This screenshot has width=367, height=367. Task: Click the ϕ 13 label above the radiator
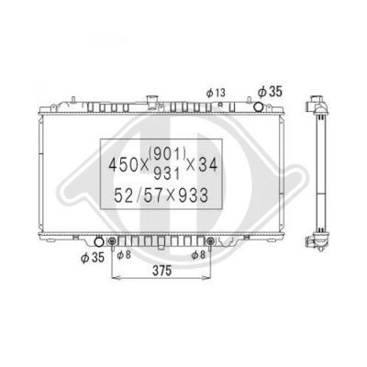[x=216, y=93]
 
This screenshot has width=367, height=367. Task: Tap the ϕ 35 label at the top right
[x=270, y=92]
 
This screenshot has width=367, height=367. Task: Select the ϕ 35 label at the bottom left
[x=93, y=258]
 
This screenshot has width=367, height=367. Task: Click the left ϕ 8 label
[x=124, y=254]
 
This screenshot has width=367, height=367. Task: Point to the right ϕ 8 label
[x=198, y=255]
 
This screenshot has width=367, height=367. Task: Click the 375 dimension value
[x=162, y=271]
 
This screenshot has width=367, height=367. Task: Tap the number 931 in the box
[x=167, y=173]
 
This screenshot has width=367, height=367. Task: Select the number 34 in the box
[x=207, y=165]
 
